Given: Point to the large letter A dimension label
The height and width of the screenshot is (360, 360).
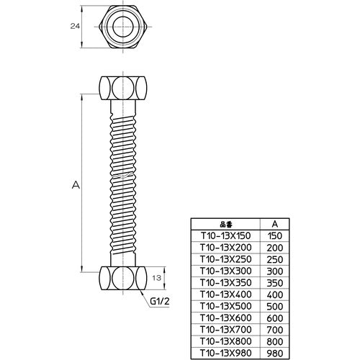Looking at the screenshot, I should [x=76, y=185].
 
